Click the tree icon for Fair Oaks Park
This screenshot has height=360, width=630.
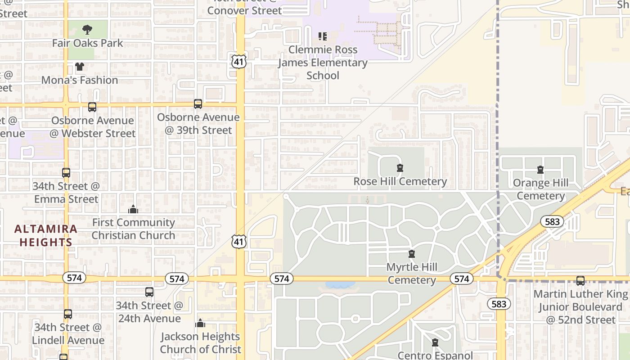point(87,30)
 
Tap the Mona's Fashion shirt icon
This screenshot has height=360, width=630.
point(80,67)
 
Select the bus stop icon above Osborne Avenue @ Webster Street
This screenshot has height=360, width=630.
point(92,107)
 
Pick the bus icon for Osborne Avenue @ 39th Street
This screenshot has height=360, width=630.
point(198,104)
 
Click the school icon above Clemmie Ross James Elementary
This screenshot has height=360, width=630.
point(322,36)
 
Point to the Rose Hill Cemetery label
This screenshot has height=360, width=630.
point(400,181)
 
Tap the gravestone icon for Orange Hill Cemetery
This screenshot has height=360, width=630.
point(540,170)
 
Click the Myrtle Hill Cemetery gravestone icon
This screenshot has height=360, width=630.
point(411,254)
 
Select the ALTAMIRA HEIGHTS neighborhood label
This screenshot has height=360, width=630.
point(45,235)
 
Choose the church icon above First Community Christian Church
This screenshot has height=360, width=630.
point(133,209)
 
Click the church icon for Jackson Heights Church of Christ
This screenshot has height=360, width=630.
point(200,323)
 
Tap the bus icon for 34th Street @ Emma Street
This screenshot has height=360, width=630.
point(66,173)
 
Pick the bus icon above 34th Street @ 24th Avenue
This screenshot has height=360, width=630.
point(149,292)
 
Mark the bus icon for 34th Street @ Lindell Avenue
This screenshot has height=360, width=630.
point(68,314)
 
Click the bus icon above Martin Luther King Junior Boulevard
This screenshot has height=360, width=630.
point(580,281)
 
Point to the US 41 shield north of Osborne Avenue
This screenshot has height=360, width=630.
point(239,61)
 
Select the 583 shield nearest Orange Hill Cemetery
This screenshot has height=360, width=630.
point(552,221)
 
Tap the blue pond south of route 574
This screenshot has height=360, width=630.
point(340,285)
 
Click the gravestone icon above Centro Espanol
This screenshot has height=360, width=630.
point(435,342)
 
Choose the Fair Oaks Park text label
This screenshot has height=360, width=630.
point(87,43)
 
